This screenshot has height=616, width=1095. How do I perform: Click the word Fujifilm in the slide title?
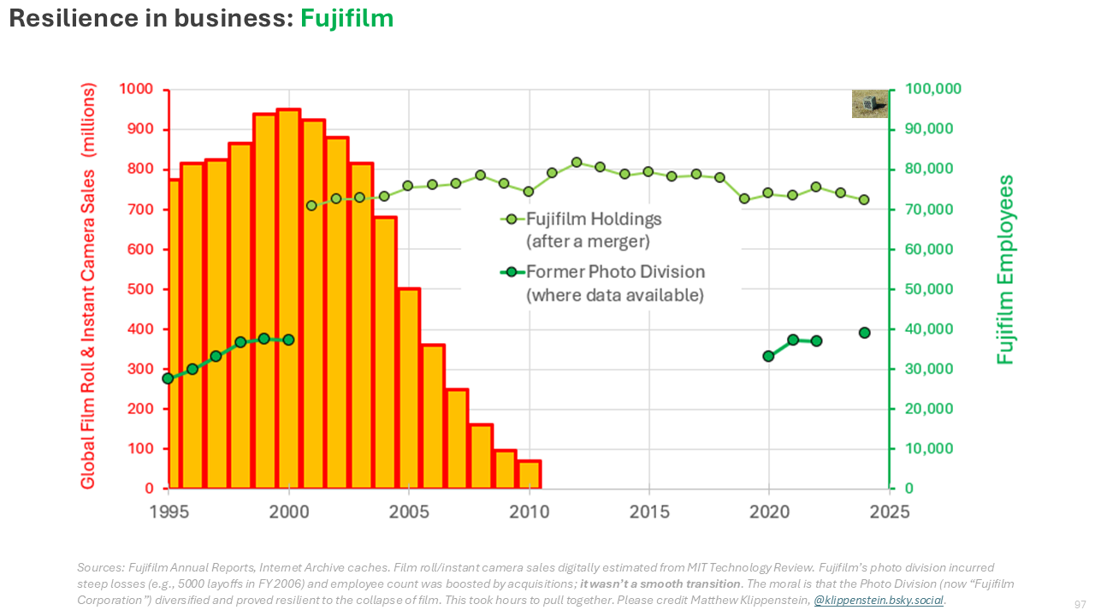click(x=346, y=18)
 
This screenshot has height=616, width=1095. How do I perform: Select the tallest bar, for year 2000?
click(x=288, y=299)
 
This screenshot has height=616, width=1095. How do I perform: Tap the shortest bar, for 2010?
click(x=529, y=474)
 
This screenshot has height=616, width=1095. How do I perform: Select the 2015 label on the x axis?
click(x=649, y=512)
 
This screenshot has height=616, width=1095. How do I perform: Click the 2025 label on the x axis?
click(x=890, y=512)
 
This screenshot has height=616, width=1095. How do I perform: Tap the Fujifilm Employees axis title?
click(x=1006, y=270)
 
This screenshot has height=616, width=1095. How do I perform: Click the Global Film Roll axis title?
click(x=88, y=287)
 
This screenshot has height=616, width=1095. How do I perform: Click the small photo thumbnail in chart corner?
click(x=869, y=104)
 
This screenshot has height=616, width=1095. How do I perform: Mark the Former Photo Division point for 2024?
click(x=865, y=333)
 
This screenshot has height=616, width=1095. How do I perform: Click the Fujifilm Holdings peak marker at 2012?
click(x=577, y=163)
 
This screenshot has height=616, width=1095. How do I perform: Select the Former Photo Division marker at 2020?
click(x=768, y=356)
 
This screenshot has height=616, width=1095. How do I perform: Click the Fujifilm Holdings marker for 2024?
click(x=864, y=200)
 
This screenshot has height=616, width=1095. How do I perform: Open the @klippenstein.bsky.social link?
click(x=879, y=601)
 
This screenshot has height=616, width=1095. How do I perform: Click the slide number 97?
click(x=1080, y=605)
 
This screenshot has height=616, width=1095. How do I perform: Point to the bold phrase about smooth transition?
click(x=660, y=583)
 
